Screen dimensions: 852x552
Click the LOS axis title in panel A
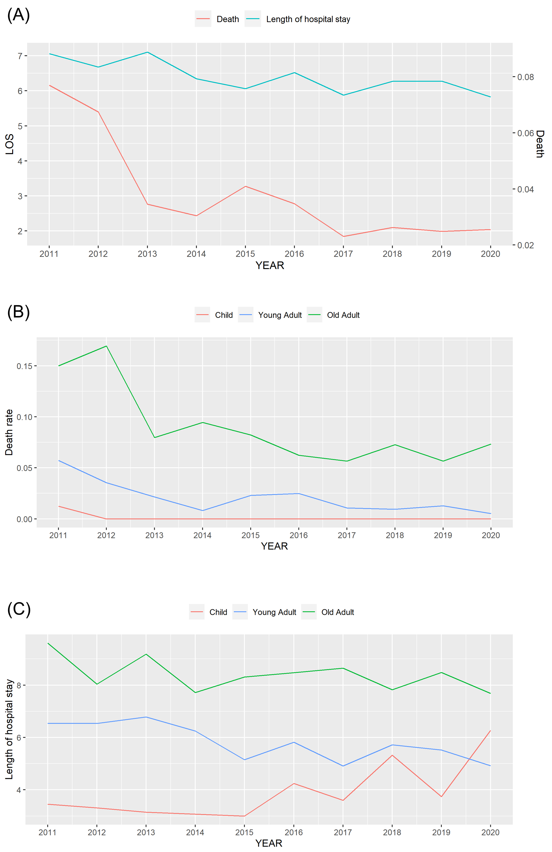pos(10,144)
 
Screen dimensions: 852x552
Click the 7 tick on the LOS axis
pos(20,56)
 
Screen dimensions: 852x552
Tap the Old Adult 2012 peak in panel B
pos(106,346)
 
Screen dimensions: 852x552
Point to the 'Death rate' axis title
pos(9,432)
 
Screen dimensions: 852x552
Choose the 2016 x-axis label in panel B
pos(298,535)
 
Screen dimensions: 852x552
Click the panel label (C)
pos(19,609)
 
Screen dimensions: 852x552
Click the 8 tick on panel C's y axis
pos(19,685)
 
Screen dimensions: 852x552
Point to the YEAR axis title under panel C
pos(269,843)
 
